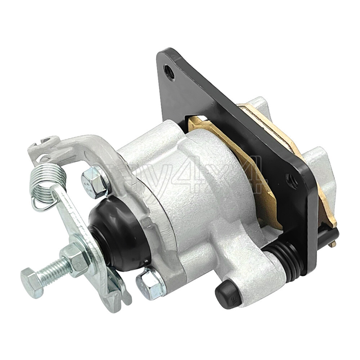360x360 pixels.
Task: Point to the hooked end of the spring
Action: [38, 205]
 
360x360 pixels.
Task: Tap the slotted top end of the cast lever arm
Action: [41, 144]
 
